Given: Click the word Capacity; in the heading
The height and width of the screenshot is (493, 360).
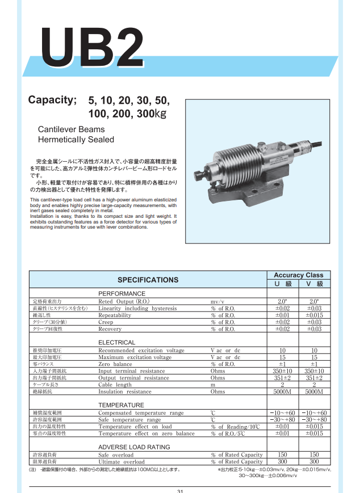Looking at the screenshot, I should coord(52,101).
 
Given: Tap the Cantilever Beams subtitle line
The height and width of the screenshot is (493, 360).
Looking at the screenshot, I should coord(71,129).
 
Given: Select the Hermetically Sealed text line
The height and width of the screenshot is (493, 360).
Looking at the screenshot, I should coord(76,140).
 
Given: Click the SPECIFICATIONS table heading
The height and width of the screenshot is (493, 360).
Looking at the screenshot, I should coord(148,280).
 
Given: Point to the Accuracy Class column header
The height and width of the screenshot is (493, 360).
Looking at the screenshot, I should coord(299,275).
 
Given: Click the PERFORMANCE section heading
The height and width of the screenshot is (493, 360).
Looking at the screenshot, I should coord(122,293).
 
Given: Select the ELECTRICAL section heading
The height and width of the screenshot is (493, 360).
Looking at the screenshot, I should coord(117,343).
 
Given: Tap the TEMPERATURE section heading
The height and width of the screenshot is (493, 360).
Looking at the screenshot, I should coord(121,405).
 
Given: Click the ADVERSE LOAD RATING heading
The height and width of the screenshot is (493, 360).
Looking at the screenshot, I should coord(134,447).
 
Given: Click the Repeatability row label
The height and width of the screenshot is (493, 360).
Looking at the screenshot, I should coord(115,315).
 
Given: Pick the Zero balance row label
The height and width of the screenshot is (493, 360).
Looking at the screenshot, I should coord(115,364).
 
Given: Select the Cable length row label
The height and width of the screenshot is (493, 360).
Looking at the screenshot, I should coord(115,385).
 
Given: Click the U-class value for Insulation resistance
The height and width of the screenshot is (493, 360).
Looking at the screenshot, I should coord(282,391).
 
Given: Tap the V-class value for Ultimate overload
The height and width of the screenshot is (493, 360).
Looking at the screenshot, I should coord(314,462).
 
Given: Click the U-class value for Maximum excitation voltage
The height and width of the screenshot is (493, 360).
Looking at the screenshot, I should coord(282,357).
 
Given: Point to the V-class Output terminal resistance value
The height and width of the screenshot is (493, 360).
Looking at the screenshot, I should coord(314,378).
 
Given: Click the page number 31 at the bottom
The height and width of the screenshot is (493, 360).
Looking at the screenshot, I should coord(180,491).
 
